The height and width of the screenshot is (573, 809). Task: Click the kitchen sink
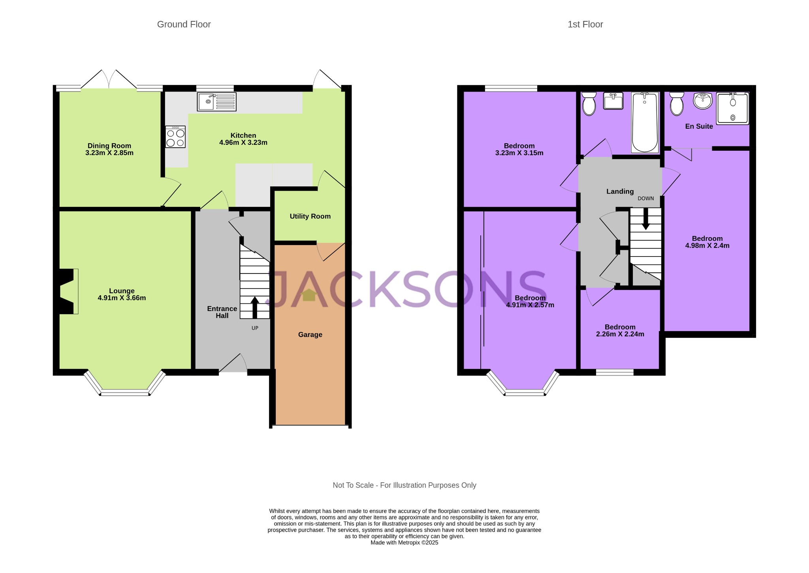[x=216, y=102]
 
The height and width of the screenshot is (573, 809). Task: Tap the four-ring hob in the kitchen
[x=175, y=137]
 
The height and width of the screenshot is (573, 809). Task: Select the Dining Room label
[x=109, y=146]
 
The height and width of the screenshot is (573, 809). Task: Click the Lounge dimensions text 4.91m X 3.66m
[x=122, y=298]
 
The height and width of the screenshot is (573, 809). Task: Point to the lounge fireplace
[x=68, y=291]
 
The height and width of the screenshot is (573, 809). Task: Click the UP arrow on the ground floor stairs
[x=255, y=307]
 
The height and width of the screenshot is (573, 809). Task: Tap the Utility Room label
[x=310, y=216]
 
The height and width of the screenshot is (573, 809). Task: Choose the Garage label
[x=310, y=335]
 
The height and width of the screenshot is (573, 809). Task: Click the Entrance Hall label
[x=222, y=312]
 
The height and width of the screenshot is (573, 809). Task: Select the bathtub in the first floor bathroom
[x=645, y=122]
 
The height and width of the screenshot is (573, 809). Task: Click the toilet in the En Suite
[x=677, y=103]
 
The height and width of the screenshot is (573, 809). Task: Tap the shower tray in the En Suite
[x=733, y=109]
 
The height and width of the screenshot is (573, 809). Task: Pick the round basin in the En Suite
[x=703, y=100]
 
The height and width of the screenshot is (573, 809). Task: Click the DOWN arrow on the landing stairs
[x=646, y=219]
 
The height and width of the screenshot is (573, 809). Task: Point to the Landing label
[x=620, y=191]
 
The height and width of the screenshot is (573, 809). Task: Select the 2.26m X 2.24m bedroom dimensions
[x=620, y=334]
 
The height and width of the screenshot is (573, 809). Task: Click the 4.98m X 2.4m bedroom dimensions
[x=707, y=245]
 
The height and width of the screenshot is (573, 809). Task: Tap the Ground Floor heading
[x=184, y=24]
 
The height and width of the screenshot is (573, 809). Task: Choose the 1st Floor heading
[x=585, y=24]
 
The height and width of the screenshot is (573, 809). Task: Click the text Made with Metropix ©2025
[x=404, y=543]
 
